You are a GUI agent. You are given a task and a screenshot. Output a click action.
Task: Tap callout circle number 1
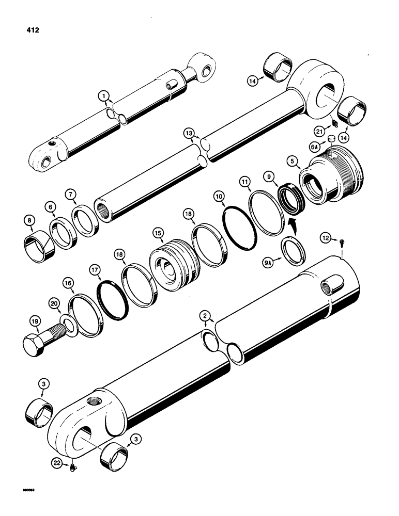click(x=104, y=96)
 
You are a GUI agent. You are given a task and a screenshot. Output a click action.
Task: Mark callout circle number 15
click(x=157, y=234)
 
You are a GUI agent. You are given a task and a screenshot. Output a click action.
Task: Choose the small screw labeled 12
click(x=342, y=239)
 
